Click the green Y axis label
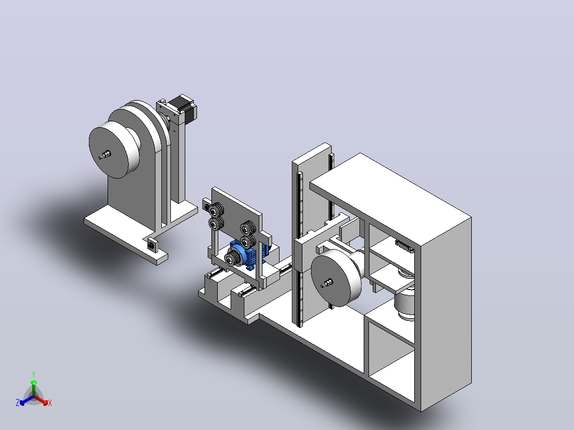click(x=34, y=374)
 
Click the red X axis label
click(x=50, y=403)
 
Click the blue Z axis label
click(x=18, y=403)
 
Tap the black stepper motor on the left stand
click(x=183, y=107)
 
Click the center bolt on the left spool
click(x=105, y=155)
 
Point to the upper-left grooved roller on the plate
click(x=217, y=210)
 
